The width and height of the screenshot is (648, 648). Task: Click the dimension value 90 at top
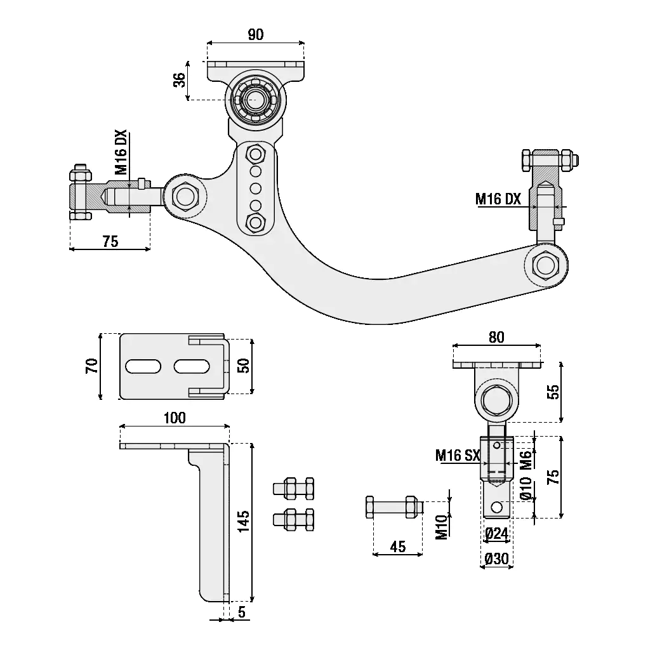[x=255, y=35]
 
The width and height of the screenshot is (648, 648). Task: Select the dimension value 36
[x=180, y=80]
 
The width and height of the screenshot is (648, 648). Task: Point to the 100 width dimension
[x=174, y=418]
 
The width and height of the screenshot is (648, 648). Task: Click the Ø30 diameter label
[x=496, y=559]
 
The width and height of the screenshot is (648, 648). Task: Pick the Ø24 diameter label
[x=496, y=534]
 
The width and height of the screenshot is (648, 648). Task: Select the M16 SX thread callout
[x=457, y=455]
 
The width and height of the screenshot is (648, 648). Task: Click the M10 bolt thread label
[x=442, y=527]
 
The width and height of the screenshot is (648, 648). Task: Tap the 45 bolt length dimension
[x=398, y=546]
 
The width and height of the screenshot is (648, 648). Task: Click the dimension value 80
[x=496, y=338]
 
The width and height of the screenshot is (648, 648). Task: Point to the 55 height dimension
[x=553, y=392]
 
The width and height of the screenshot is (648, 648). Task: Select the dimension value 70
[x=93, y=366]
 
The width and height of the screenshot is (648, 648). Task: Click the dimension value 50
[x=244, y=366]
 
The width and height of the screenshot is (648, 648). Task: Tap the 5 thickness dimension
[x=242, y=612]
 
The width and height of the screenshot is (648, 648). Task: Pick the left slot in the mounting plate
[x=143, y=366]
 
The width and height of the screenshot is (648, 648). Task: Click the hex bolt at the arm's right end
[x=545, y=265]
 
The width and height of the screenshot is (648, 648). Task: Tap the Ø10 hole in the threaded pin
[x=497, y=507]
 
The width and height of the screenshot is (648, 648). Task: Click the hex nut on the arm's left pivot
[x=185, y=195]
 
